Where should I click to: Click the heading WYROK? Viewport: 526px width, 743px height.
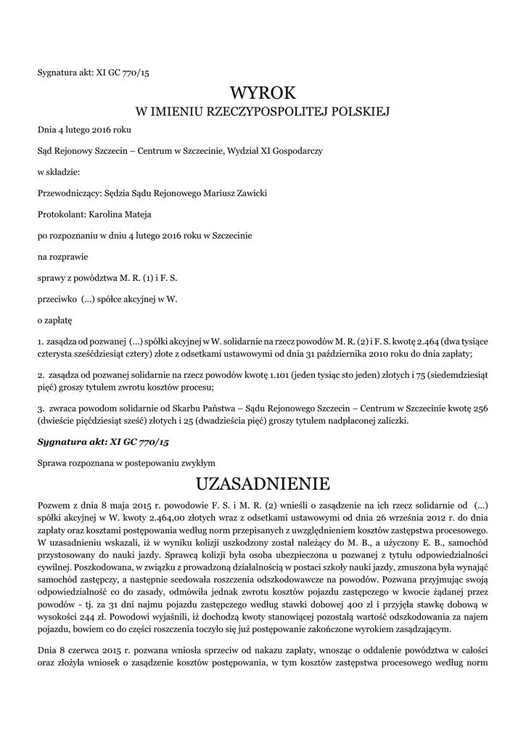pyautogui.click(x=263, y=93)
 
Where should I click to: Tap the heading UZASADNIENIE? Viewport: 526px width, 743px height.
pyautogui.click(x=263, y=483)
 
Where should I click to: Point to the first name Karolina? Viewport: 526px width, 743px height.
pyautogui.click(x=107, y=214)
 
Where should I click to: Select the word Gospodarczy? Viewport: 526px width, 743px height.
pyautogui.click(x=296, y=151)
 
